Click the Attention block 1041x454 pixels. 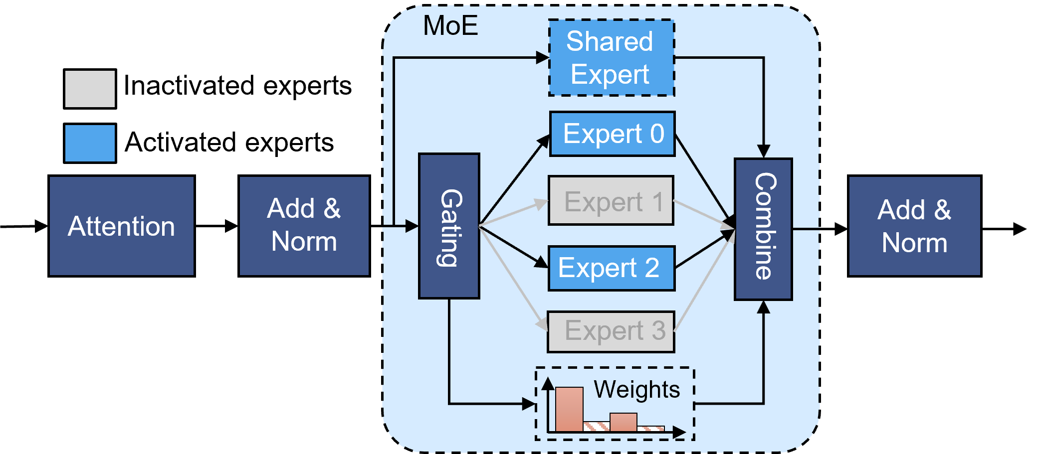tap(121, 226)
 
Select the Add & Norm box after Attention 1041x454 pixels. tap(304, 226)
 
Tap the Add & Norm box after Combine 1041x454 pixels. tap(914, 226)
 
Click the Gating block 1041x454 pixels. tap(449, 226)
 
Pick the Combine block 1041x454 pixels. tap(763, 229)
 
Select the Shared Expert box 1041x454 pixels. tap(612, 58)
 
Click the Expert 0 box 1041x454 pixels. tap(613, 134)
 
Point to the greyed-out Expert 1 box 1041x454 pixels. tap(611, 200)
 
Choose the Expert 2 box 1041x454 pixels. tap(612, 268)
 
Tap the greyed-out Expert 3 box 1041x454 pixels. tap(611, 332)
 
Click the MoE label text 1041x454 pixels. tap(450, 26)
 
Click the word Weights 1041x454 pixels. tap(636, 389)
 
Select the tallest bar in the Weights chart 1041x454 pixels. tap(569, 409)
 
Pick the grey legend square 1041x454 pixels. tap(90, 89)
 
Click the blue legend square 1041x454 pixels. tap(90, 143)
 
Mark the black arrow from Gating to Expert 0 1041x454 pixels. tap(514, 180)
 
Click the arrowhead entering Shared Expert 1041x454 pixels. tap(542, 58)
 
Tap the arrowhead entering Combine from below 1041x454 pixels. tap(763, 307)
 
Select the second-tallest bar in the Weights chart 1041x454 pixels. tap(623, 422)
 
